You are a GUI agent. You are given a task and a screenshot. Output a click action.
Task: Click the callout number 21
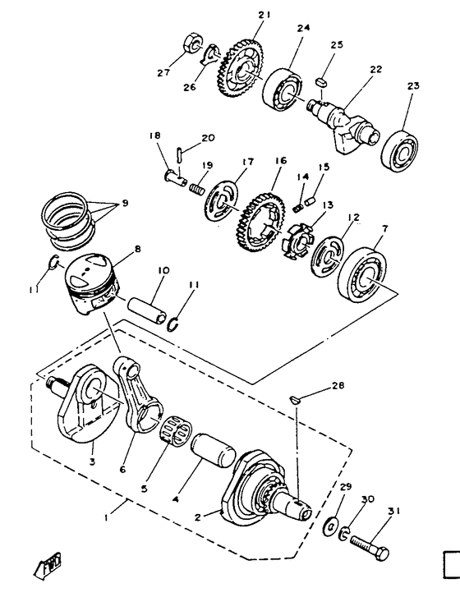click(263, 15)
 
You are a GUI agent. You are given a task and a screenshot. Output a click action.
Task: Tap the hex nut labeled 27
click(187, 40)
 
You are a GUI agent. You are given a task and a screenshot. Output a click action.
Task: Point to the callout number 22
click(376, 70)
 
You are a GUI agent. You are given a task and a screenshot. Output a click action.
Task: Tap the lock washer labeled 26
click(211, 57)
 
